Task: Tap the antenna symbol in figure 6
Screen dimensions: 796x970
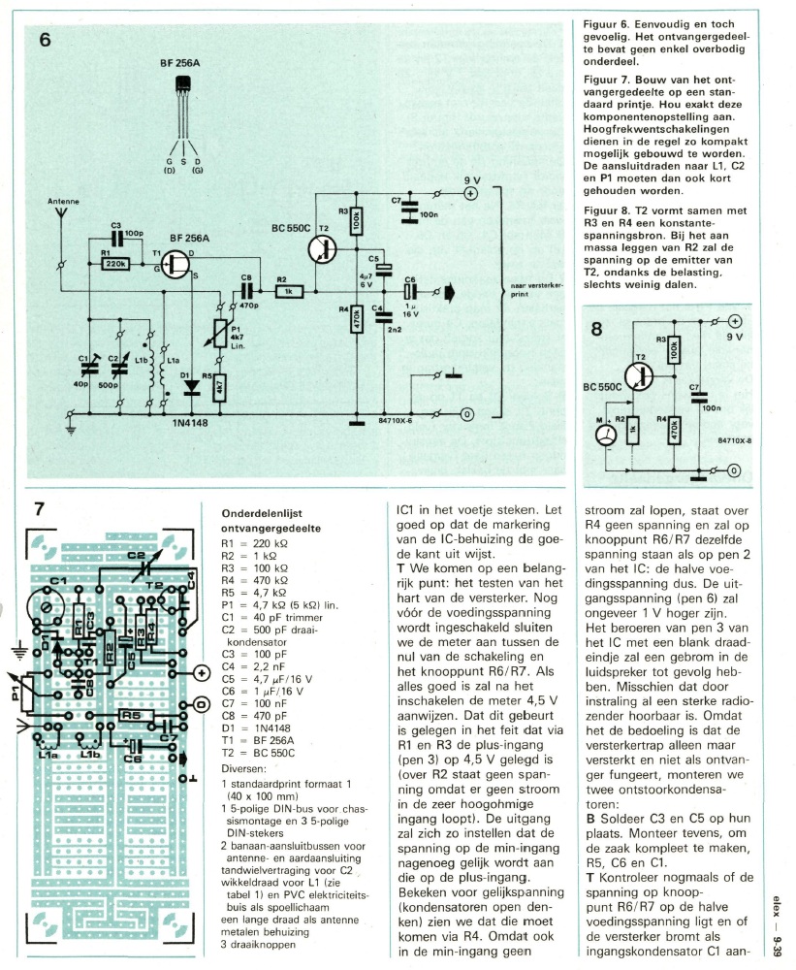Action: click(61, 213)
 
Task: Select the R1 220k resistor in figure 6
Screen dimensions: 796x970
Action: click(115, 264)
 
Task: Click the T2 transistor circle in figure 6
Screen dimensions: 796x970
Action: click(322, 249)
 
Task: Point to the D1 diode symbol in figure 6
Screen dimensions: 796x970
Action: click(192, 387)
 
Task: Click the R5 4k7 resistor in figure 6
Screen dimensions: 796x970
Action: click(219, 388)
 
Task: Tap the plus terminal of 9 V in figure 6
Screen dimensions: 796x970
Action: click(470, 194)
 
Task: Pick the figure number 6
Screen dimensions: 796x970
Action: click(46, 40)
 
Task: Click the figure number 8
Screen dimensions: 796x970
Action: click(595, 329)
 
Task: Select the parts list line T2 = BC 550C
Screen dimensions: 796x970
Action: click(258, 753)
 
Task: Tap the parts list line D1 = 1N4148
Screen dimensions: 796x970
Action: click(256, 728)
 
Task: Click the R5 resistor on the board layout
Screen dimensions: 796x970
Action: click(131, 715)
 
